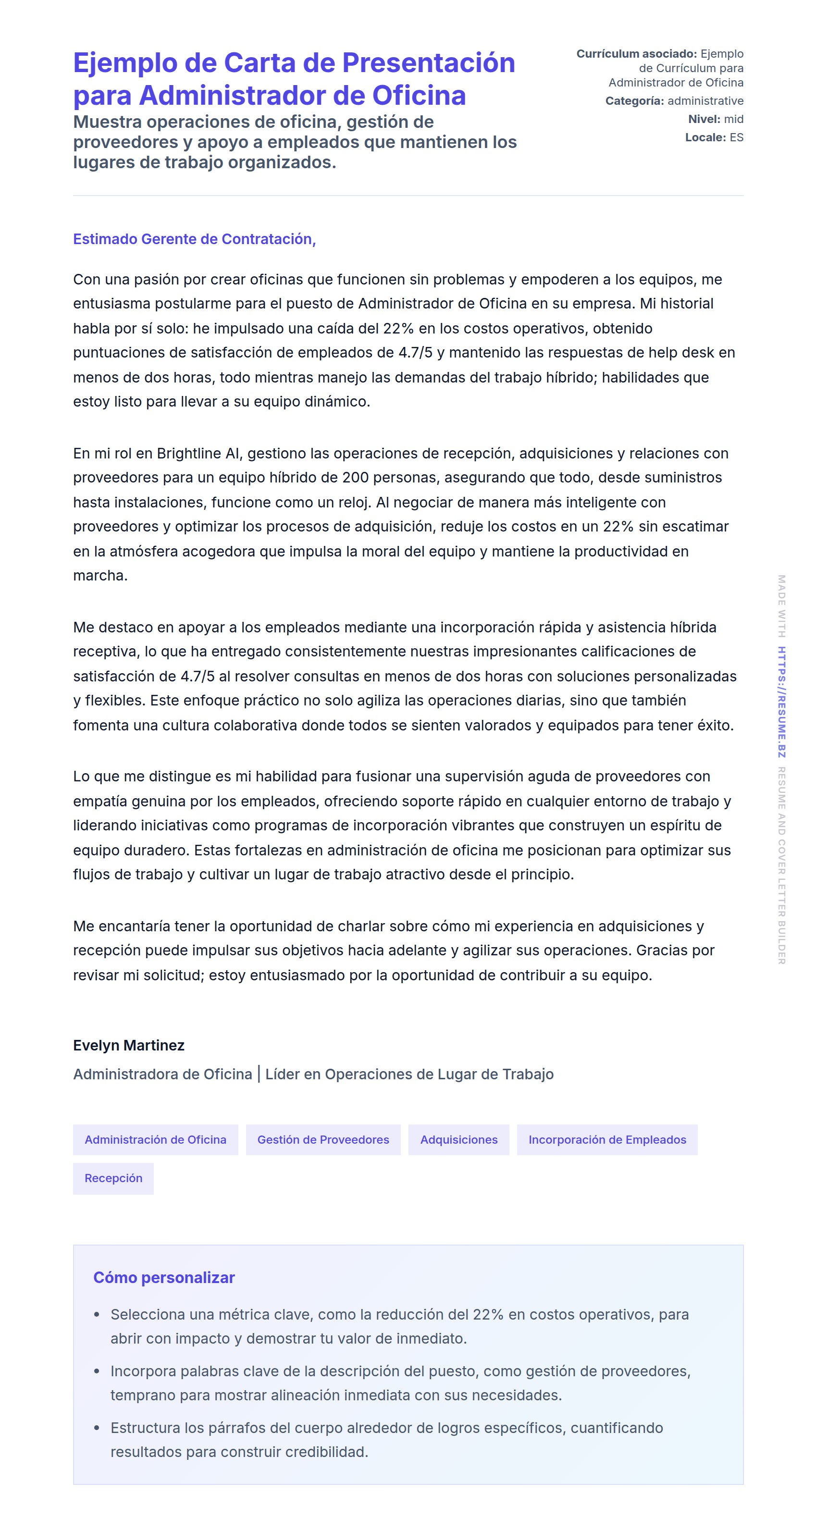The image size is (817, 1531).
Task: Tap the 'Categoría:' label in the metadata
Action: (x=634, y=101)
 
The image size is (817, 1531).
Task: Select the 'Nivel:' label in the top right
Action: (x=704, y=119)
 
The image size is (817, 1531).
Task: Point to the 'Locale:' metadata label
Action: (x=705, y=137)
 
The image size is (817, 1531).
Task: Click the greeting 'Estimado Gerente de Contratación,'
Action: (x=194, y=239)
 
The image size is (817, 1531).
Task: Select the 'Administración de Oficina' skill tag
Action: (x=155, y=1139)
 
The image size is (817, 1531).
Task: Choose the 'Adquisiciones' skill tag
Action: (x=458, y=1139)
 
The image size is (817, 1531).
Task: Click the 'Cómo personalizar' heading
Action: (x=163, y=1277)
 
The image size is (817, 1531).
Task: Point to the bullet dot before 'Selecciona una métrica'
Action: (x=97, y=1315)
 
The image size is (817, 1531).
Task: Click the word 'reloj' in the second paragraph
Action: (x=354, y=502)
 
